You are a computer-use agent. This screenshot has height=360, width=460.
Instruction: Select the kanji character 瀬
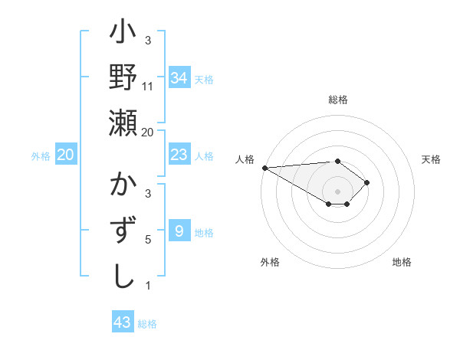[123, 122]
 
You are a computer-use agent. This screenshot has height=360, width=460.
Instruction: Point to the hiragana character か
[123, 185]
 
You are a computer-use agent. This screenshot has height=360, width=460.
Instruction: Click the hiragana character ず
[123, 230]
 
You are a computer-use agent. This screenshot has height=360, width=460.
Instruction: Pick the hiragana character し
[123, 276]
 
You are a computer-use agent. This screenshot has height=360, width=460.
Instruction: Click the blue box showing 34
[179, 77]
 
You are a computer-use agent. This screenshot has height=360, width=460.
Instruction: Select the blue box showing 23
[179, 155]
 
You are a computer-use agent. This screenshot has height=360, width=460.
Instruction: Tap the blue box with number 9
[179, 231]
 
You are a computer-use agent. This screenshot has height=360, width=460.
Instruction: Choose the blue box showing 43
[122, 322]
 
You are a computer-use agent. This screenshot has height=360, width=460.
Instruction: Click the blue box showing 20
[65, 155]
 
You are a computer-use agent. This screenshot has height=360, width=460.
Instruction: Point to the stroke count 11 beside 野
[148, 87]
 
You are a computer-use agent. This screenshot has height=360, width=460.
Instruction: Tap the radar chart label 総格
[338, 100]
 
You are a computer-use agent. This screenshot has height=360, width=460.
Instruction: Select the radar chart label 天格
[432, 159]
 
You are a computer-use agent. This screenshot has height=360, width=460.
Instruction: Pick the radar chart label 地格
[402, 262]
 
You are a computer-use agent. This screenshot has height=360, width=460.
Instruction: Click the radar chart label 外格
[270, 262]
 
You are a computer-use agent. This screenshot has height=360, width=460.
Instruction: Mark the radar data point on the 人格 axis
[264, 168]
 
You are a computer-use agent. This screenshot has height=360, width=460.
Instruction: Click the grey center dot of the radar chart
[338, 191]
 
